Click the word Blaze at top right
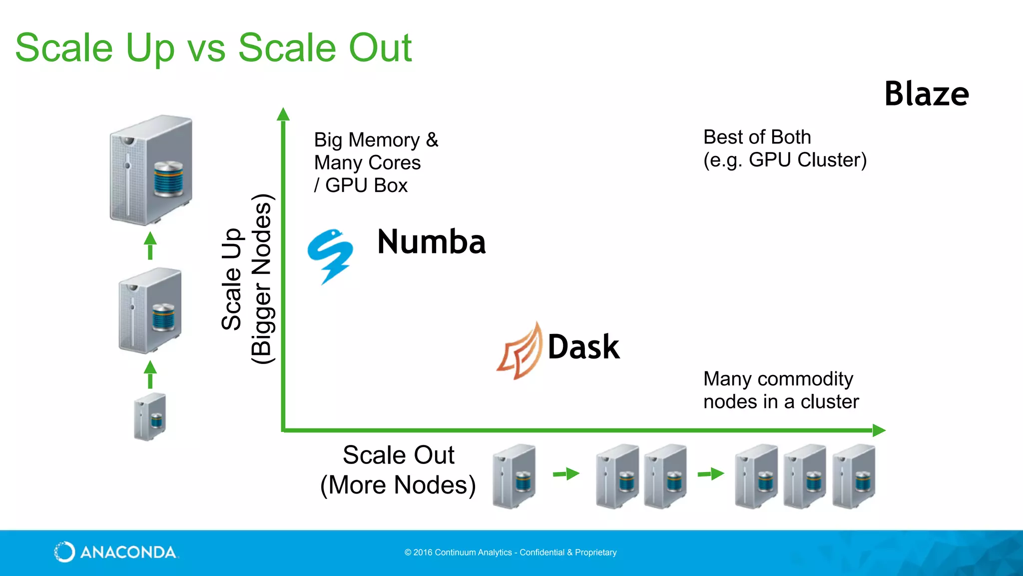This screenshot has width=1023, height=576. pos(927,94)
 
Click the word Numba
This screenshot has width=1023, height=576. pos(431,242)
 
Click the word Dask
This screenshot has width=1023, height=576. pos(583,347)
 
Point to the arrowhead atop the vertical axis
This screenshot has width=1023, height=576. pos(283,114)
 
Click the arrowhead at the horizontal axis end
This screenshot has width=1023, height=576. pos(879,430)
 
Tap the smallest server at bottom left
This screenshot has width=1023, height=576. pos(150,416)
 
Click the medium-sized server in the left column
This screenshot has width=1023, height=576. pos(150,310)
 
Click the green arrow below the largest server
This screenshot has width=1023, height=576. pos(150,245)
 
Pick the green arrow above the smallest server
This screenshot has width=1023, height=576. pos(150,374)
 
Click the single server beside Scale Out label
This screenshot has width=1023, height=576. pos(514,476)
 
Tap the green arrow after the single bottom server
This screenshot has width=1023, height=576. pos(566,473)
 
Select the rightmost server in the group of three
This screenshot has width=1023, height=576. pos(854,476)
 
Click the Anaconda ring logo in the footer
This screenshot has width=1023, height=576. pos(64,552)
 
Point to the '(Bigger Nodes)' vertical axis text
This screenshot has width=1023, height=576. pos(262,279)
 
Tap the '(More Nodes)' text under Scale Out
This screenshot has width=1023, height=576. pos(398,485)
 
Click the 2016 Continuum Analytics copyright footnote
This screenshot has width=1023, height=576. pos(511,552)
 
